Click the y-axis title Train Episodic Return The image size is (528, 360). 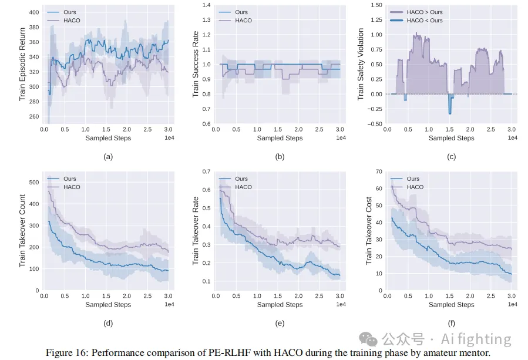point(22,63)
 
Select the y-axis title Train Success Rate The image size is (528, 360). point(196,63)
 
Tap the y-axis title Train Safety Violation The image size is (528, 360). point(361,63)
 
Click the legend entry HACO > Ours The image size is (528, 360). point(424,12)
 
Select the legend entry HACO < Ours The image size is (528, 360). point(424,21)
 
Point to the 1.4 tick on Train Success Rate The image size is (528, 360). point(206,5)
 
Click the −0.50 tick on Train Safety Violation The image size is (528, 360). point(375,124)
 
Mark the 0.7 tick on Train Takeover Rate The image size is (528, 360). point(206,171)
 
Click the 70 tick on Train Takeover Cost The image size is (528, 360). point(379,171)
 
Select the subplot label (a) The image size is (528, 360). point(107,156)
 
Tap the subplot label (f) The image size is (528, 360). point(451,323)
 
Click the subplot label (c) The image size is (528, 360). point(451,156)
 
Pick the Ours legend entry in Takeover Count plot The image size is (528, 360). point(69,179)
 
